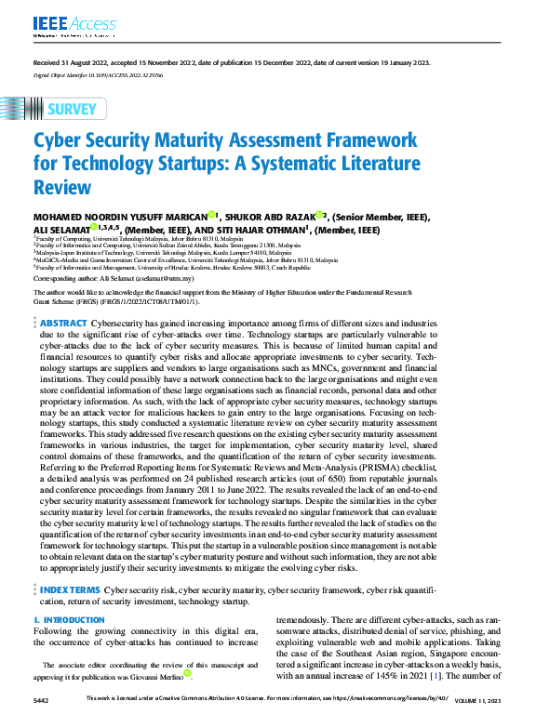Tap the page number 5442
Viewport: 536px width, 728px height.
tap(41, 699)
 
